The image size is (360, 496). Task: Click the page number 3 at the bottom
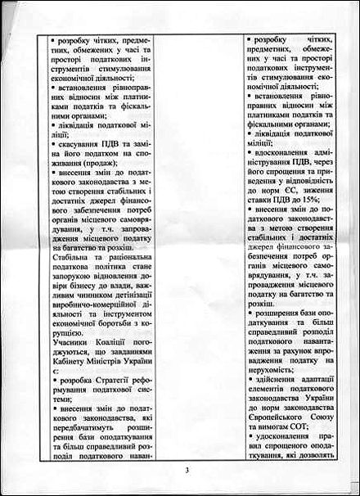click(187, 470)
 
